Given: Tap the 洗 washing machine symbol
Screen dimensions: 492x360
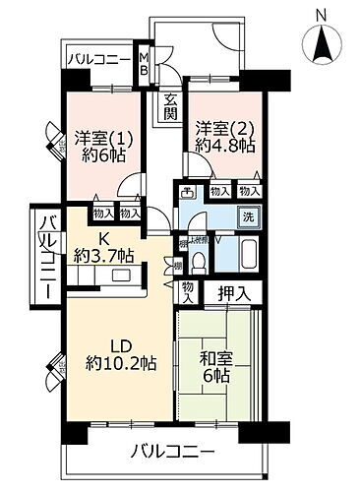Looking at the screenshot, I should [249, 216].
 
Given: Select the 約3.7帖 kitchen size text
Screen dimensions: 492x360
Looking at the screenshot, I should [103, 255].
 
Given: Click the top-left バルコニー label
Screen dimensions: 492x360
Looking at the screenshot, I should [99, 60].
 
